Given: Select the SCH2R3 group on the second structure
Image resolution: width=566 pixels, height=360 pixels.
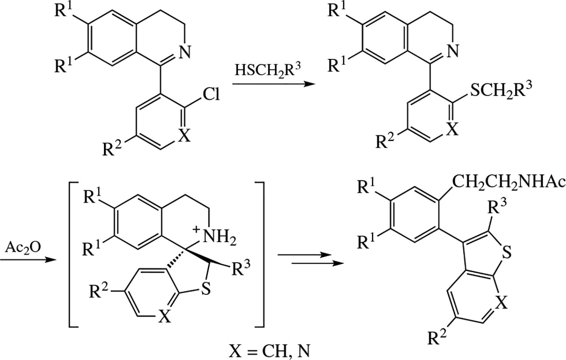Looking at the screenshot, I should pyautogui.click(x=500, y=90).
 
